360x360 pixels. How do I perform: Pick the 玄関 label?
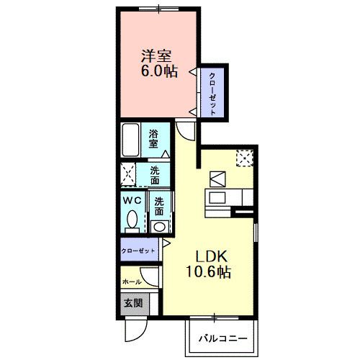tap(132, 303)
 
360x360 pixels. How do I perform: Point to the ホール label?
tap(132, 282)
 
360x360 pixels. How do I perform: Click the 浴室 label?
tap(153, 139)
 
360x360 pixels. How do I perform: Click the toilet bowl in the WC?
tap(132, 220)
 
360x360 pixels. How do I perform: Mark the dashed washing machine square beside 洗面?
tap(130, 174)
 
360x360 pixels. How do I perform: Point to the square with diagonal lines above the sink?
tap(218, 179)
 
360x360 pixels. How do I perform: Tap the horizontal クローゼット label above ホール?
tap(137, 251)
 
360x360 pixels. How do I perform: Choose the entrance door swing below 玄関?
tap(135, 330)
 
